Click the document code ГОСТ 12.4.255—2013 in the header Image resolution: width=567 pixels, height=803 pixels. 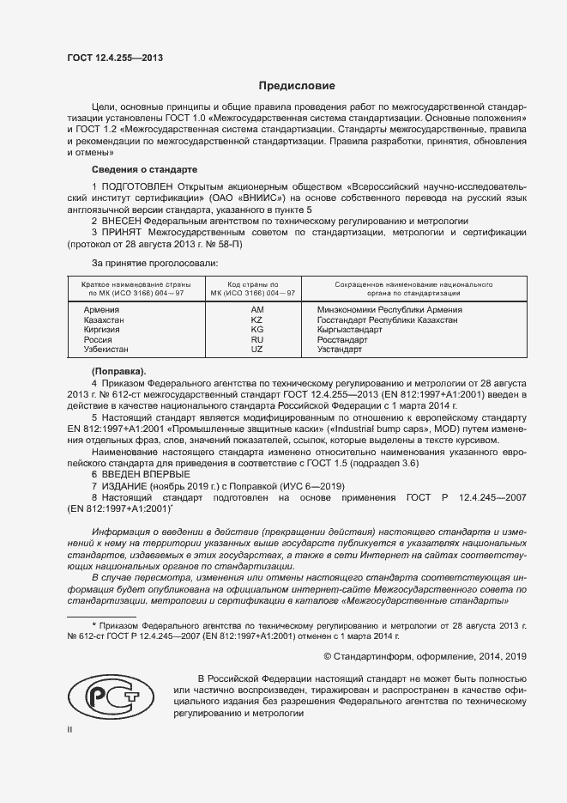(114, 58)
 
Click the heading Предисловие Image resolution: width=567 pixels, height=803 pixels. (298, 86)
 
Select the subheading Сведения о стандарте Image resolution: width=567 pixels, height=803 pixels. (144, 169)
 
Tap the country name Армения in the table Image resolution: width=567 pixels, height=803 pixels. (101, 309)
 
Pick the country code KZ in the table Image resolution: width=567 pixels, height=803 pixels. (256, 319)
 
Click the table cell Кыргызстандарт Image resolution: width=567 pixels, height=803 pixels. (349, 330)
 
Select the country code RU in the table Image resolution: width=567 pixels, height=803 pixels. (256, 340)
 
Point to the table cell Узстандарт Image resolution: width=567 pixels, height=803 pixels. (341, 350)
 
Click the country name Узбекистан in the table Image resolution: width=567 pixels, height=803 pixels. (106, 350)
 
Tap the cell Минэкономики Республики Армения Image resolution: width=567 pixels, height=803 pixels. (389, 309)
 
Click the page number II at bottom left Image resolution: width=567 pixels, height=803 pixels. (70, 728)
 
